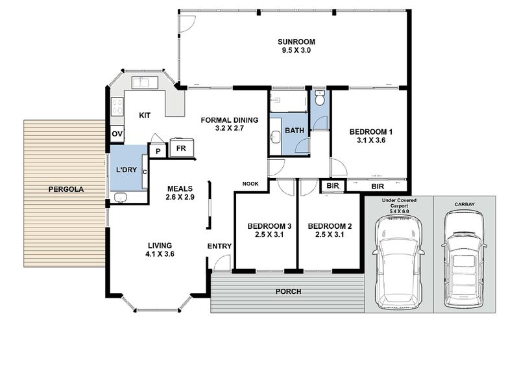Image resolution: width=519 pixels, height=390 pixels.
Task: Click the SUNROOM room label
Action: [296, 42]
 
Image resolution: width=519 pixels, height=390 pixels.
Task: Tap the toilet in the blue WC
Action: [319, 98]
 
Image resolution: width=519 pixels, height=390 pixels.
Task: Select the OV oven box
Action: [117, 134]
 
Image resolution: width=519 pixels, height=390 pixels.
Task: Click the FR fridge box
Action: [182, 148]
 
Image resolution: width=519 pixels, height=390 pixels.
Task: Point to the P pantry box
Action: [158, 151]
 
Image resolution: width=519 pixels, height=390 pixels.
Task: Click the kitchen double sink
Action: [145, 83]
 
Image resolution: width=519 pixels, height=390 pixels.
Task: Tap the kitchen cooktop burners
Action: [117, 106]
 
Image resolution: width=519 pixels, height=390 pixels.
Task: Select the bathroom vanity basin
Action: [275, 136]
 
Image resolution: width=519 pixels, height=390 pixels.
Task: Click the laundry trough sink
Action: [121, 198]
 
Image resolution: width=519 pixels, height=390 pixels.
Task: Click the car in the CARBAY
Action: [464, 258]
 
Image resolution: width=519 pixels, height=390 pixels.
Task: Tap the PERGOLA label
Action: [66, 189]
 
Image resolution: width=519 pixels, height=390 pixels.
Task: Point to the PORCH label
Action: [288, 291]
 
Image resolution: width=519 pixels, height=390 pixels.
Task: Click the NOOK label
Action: [250, 184]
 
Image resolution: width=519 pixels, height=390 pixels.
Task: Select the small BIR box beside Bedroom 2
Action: [332, 186]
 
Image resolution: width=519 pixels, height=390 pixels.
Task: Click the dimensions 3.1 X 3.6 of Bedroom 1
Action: [371, 140]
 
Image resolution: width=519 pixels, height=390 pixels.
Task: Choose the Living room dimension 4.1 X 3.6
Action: [160, 254]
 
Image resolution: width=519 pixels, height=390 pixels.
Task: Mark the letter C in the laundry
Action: [145, 172]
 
